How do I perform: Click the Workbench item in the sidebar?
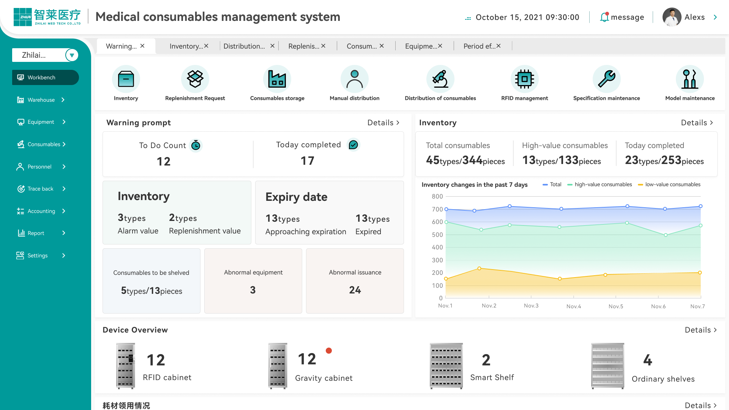pos(45,77)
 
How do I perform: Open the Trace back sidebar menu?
pos(41,189)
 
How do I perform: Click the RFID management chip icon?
pos(524,79)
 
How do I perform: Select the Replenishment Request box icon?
pos(195,79)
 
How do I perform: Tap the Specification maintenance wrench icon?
pos(606,79)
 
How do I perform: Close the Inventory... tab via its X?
pos(206,46)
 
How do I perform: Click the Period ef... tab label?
pos(479,46)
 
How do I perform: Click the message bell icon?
pos(604,17)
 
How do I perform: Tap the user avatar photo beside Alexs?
pos(672,17)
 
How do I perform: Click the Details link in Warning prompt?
pos(383,123)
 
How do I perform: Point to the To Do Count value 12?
pos(164,161)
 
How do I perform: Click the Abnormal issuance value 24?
pos(355,290)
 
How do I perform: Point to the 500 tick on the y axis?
pos(437,235)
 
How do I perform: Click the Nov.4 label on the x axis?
pos(573,306)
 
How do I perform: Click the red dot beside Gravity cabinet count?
pos(329,351)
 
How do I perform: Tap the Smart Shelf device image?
pos(446,366)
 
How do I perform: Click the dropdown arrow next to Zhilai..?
pos(72,55)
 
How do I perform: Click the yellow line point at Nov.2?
pos(479,268)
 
